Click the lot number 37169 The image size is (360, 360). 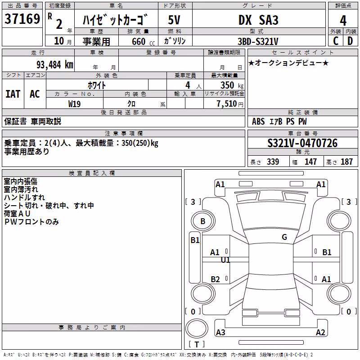pyautogui.click(x=22, y=19)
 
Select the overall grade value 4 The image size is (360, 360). pyautogui.click(x=343, y=21)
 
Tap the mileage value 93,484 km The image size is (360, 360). pyautogui.click(x=55, y=65)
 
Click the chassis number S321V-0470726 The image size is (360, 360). pyautogui.click(x=302, y=143)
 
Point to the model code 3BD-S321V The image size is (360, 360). pyautogui.click(x=258, y=41)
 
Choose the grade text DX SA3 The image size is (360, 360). pyautogui.click(x=258, y=20)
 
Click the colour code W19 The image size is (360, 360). pyautogui.click(x=74, y=104)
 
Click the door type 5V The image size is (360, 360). pyautogui.click(x=174, y=20)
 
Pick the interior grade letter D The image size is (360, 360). pyautogui.click(x=350, y=41)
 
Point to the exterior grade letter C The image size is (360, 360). pyautogui.click(x=336, y=41)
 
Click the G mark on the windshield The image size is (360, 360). pyautogui.click(x=284, y=237)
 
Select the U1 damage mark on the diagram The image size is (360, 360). pyautogui.click(x=225, y=260)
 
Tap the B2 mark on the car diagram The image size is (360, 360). pyautogui.click(x=215, y=279)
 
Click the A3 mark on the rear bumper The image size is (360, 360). pyautogui.click(x=220, y=332)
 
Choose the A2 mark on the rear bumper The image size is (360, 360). pyautogui.click(x=320, y=332)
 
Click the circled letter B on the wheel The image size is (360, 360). pyautogui.click(x=203, y=221)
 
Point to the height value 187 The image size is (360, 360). pyautogui.click(x=346, y=162)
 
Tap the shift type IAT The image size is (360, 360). pyautogui.click(x=13, y=94)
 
